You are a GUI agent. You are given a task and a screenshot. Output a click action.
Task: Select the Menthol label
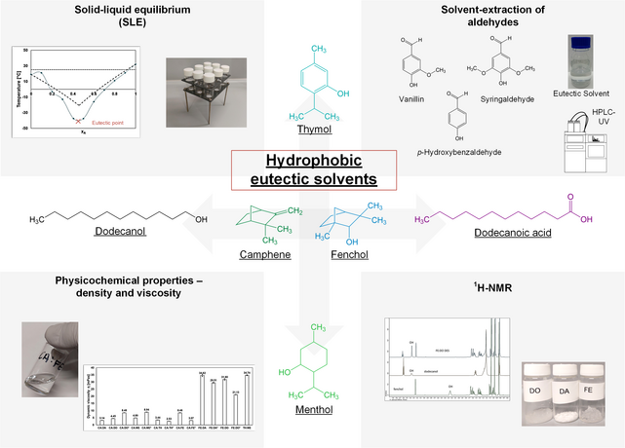click(314, 410)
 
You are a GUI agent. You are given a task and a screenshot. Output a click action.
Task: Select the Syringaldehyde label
click(508, 99)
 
